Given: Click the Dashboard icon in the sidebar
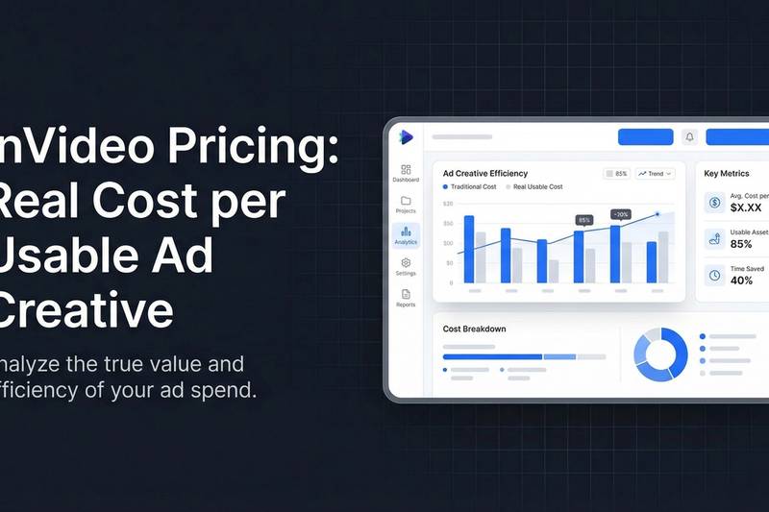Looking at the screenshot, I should (406, 170).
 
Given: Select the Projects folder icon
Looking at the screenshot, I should (406, 202).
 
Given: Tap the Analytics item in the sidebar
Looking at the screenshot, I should (406, 234).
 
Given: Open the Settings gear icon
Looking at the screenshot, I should (406, 263).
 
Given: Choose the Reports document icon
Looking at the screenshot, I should (406, 295).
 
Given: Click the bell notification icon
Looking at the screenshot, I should (689, 137).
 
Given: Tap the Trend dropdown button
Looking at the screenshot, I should (656, 174).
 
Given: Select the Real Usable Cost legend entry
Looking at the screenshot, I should (536, 186).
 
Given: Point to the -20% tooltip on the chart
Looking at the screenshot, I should (621, 214).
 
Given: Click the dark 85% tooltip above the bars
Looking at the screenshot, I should (584, 220).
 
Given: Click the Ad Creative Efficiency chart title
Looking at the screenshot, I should (484, 173).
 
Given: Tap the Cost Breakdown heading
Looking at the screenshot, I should (474, 329).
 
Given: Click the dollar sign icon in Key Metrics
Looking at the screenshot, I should (714, 202).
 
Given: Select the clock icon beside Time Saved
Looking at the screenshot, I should (714, 275).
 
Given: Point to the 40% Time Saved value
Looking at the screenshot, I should (742, 280).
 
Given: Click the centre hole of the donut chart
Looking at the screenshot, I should (660, 354).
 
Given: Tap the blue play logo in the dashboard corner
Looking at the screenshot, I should (405, 137).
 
